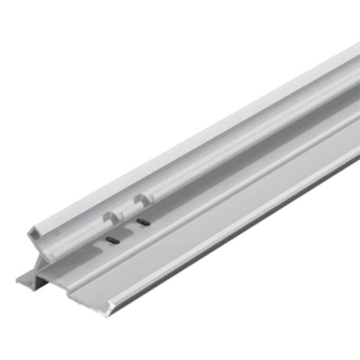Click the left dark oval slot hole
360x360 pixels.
tap(112, 240)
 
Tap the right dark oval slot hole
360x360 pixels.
tap(142, 222)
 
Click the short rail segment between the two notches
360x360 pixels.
tap(126, 208)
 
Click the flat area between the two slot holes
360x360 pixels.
tap(127, 231)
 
